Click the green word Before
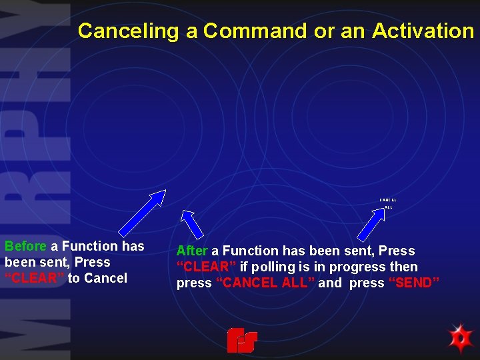tap(25, 247)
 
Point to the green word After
tap(192, 251)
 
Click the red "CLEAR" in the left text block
tap(34, 279)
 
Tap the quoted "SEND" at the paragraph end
tap(414, 283)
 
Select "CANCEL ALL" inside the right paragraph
tap(265, 283)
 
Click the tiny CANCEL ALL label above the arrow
tap(388, 203)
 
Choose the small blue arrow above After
tap(192, 224)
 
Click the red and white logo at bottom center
tap(241, 340)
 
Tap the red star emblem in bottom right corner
tap(459, 339)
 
